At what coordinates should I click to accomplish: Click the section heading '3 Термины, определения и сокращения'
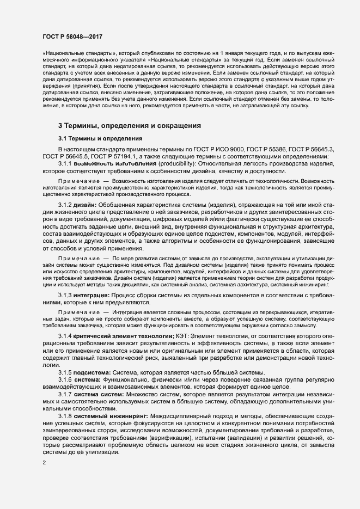(130, 126)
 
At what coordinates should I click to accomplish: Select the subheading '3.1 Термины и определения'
(100, 138)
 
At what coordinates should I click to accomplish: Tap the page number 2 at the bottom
(44, 463)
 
